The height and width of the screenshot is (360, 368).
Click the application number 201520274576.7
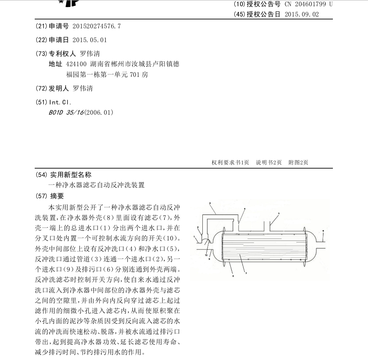tap(97, 26)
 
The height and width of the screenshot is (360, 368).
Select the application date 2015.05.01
tap(90, 40)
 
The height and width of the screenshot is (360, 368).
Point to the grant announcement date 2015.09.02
tap(301, 14)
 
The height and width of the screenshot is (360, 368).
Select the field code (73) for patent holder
tap(41, 54)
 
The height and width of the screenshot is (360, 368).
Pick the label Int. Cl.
tap(59, 102)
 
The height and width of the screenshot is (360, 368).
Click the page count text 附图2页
tap(298, 162)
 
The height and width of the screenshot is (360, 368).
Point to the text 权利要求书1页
tap(230, 162)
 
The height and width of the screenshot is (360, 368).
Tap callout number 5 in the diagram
tap(278, 213)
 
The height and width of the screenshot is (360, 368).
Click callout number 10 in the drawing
tap(206, 255)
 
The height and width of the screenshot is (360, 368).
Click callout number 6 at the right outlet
tap(323, 230)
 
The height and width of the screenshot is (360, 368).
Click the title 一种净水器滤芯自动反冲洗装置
tap(96, 185)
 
